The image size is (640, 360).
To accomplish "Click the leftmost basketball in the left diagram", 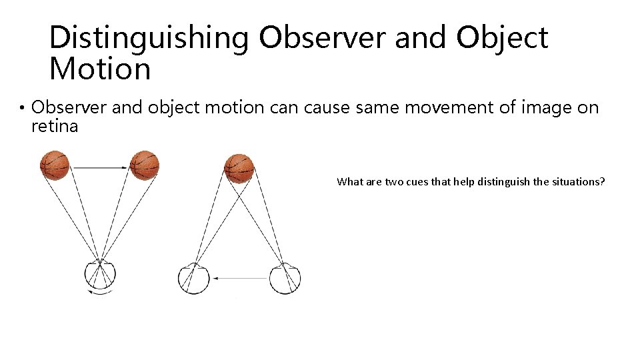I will point(55,165).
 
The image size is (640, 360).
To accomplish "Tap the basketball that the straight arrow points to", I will point(145,165).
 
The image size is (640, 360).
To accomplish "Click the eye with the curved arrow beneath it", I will point(101,275).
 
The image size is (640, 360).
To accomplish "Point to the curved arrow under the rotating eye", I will point(101,291).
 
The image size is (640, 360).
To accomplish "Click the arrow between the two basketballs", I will point(99,167).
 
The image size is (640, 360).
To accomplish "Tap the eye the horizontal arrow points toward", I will point(194,278).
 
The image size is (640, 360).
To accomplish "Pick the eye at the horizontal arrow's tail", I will point(285,278).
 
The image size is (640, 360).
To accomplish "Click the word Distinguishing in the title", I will point(149,38).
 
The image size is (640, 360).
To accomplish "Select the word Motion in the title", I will point(100,69).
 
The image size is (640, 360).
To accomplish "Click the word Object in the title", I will point(502,38).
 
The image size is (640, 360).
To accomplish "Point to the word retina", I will point(55,126).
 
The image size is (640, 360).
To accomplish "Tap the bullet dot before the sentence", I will point(22,109).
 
